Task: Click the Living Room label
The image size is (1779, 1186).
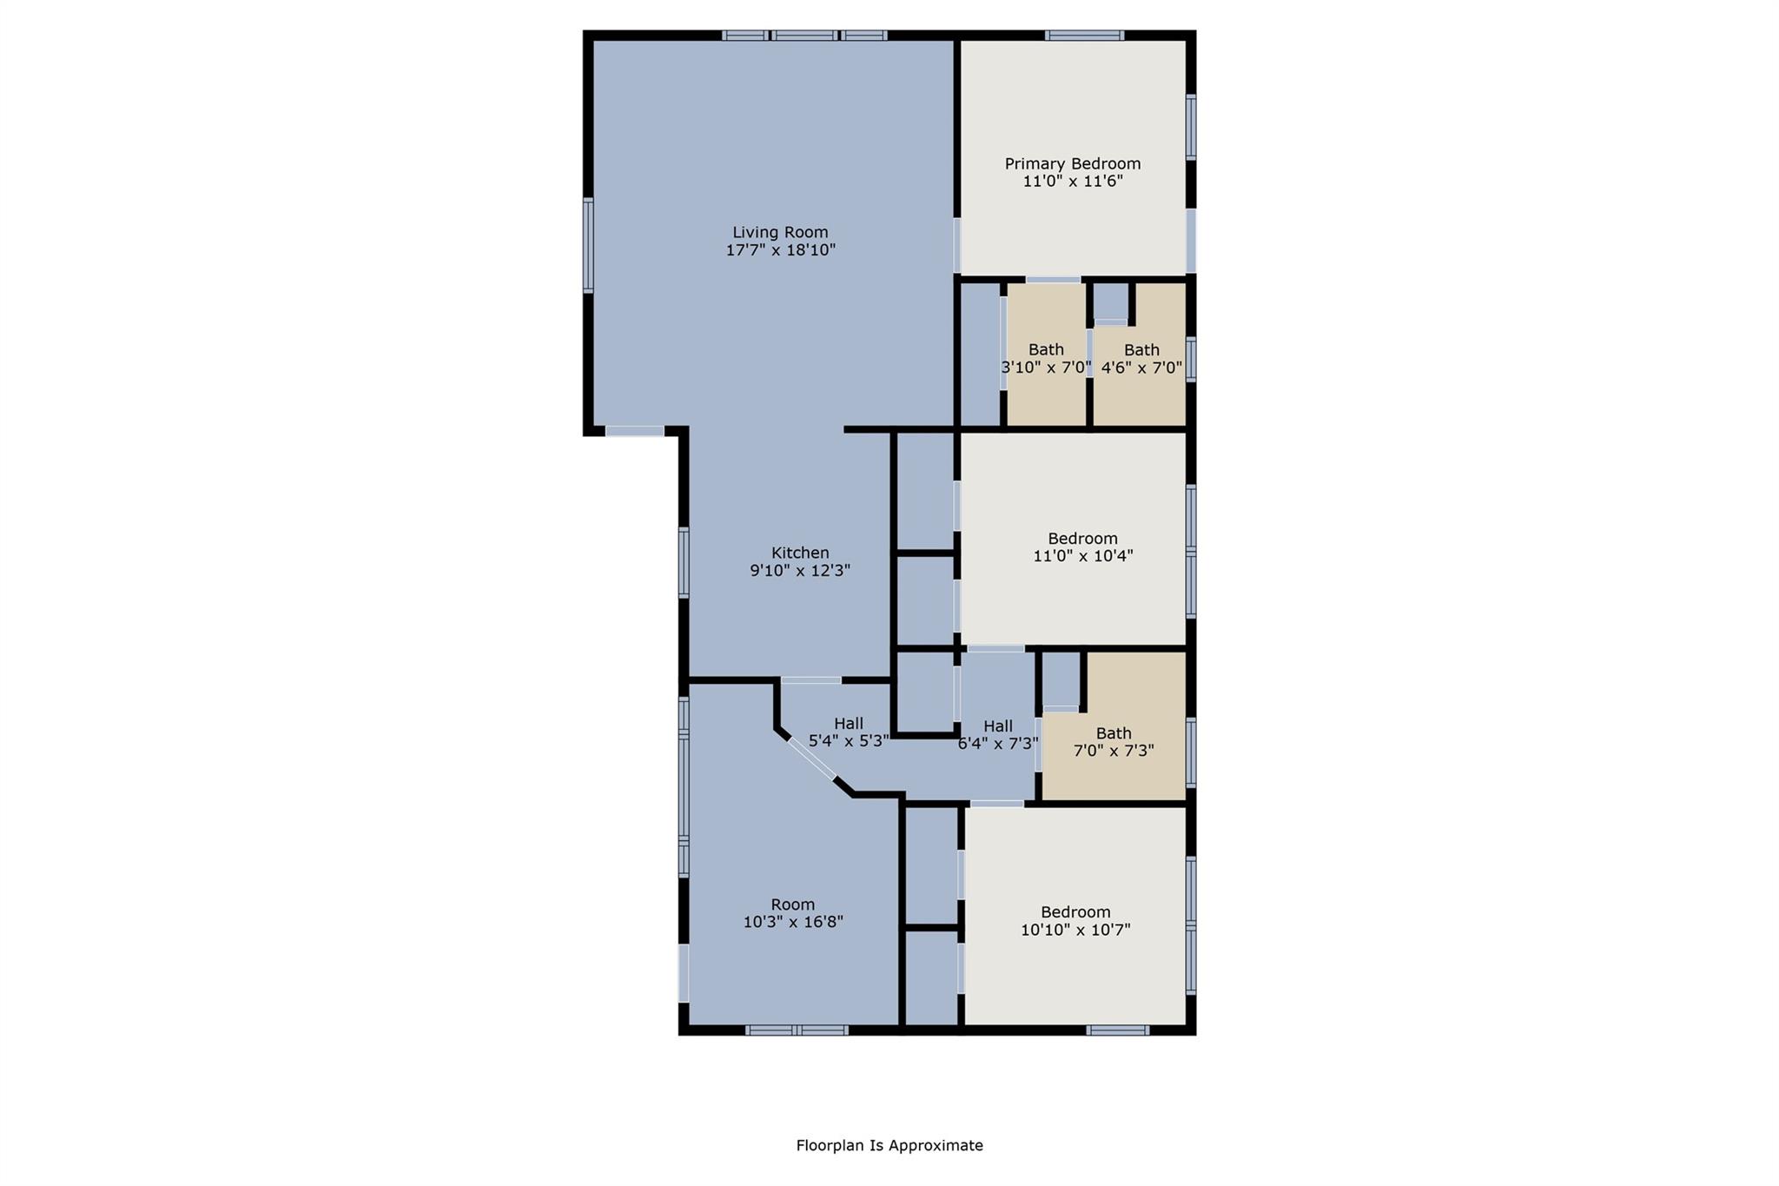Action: [x=780, y=232]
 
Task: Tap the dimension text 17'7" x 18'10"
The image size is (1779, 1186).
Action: [x=780, y=250]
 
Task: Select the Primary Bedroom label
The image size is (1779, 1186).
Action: [x=1072, y=163]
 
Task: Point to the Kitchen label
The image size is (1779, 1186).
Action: [x=800, y=553]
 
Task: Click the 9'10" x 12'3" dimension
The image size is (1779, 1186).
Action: [x=800, y=571]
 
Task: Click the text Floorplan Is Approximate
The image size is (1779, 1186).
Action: [x=889, y=1145]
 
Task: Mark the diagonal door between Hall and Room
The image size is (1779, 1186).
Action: [x=811, y=759]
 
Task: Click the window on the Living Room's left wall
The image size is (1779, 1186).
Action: [x=588, y=245]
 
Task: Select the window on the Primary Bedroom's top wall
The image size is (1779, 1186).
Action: [x=1084, y=36]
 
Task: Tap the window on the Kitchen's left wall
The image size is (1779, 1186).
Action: [x=684, y=562]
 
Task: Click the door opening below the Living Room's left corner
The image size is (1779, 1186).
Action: [x=634, y=431]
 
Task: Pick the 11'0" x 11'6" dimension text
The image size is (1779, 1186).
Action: [x=1072, y=182]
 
